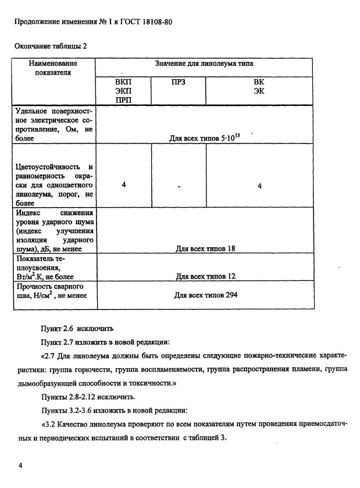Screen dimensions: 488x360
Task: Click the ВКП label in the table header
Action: point(123,82)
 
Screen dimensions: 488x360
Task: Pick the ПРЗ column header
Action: point(179,82)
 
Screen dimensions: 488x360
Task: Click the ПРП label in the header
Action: point(123,101)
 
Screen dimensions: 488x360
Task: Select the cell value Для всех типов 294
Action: point(205,295)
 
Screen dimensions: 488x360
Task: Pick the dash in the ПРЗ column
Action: point(179,186)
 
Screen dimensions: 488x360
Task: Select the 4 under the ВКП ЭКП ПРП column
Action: point(124,185)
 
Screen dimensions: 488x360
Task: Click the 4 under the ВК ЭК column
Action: point(259,186)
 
